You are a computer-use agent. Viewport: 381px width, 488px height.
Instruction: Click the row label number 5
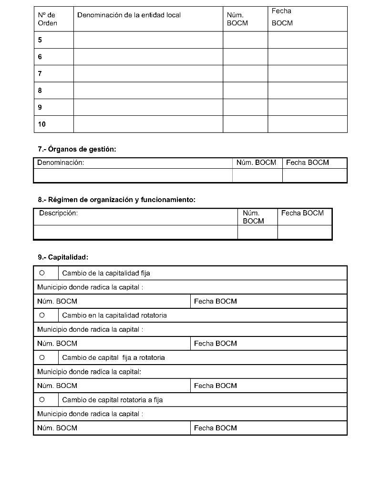tap(40, 40)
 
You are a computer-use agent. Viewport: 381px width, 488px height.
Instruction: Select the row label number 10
tap(42, 124)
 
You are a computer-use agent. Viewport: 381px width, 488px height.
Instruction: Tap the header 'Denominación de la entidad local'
tap(129, 15)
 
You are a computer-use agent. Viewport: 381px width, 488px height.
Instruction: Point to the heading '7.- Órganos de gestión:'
tap(77, 149)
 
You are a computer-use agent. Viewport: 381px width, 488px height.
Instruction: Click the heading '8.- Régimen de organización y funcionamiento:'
tap(116, 200)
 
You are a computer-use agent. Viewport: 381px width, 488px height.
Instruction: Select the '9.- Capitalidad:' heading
tap(63, 257)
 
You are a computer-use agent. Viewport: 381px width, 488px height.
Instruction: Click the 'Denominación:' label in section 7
tap(61, 163)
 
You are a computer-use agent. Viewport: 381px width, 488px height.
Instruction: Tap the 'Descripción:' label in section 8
tap(58, 213)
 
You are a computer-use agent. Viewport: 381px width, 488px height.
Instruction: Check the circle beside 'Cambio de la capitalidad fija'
tap(42, 273)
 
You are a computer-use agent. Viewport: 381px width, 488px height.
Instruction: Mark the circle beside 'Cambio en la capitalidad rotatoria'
tap(42, 315)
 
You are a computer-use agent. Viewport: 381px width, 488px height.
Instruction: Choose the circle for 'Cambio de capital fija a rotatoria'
tap(42, 357)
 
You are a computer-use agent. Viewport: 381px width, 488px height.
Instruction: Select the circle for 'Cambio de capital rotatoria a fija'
tap(42, 399)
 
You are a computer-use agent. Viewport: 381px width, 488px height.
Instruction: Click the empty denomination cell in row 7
tap(148, 74)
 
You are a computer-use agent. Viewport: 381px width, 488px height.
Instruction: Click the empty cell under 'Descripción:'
tap(135, 232)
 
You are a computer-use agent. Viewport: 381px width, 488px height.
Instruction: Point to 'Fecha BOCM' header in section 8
tap(302, 213)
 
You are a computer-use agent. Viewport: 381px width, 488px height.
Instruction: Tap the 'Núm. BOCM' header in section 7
tap(256, 163)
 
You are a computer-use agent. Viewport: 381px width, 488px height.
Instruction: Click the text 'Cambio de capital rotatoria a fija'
tap(113, 400)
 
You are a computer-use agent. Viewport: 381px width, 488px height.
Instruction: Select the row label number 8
tap(40, 91)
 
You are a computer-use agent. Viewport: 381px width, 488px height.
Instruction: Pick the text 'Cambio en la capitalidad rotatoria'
tap(114, 315)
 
